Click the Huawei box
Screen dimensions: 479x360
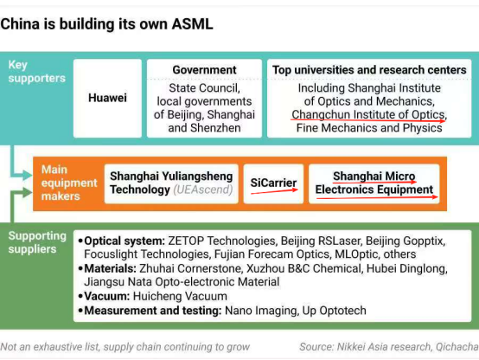tap(107, 98)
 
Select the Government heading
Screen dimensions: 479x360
tap(204, 70)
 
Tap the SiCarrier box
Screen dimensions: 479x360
tap(273, 183)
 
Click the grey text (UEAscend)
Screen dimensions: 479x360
tap(203, 190)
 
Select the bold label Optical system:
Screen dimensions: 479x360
tap(125, 241)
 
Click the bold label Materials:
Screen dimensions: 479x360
tap(111, 268)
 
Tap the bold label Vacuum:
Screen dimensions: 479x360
tap(107, 296)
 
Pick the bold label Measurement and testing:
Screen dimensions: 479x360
tap(153, 311)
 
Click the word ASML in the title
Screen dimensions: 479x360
tap(192, 24)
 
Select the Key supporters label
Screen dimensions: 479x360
tap(36, 72)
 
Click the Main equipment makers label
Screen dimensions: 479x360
tap(69, 183)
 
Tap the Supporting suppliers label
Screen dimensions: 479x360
tap(37, 242)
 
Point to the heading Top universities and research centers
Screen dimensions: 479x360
tap(369, 70)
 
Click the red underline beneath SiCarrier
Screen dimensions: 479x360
tap(274, 191)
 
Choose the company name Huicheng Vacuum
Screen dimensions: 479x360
tap(180, 296)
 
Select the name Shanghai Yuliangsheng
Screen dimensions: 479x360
tap(171, 177)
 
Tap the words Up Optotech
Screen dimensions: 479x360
tap(335, 311)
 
